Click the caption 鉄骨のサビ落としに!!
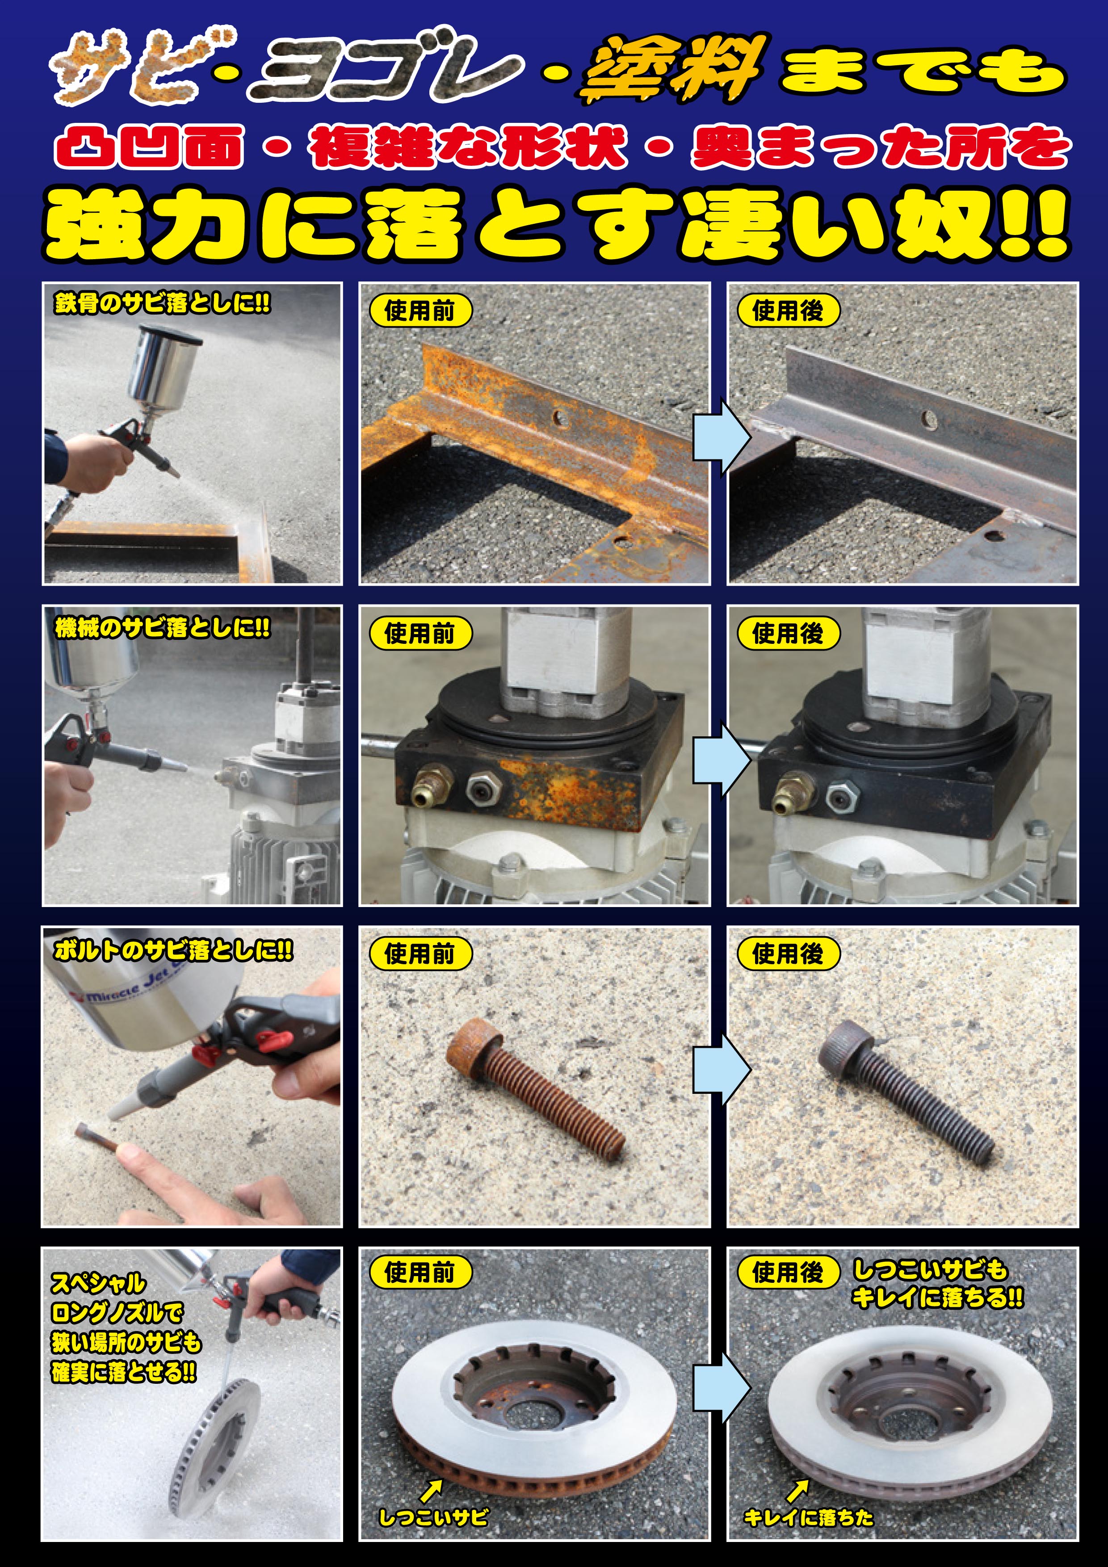click(162, 303)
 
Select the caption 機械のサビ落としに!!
click(162, 627)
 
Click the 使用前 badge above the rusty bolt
click(420, 954)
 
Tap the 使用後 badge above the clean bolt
click(788, 954)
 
